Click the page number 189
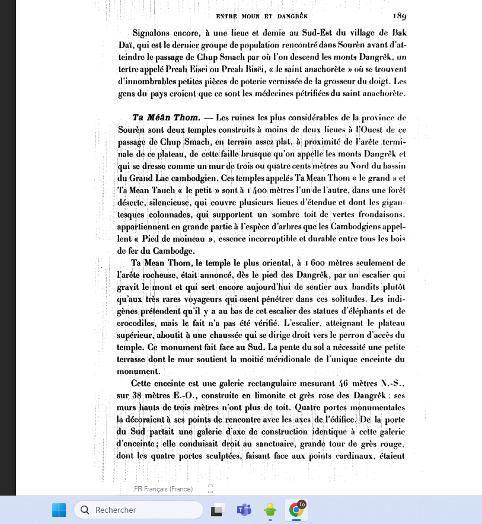(398, 15)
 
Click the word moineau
(190, 239)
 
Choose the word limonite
(284, 395)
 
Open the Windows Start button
(59, 510)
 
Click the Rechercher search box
(138, 510)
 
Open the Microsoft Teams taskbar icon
(244, 510)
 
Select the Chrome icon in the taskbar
(296, 510)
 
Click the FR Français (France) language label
(163, 489)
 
